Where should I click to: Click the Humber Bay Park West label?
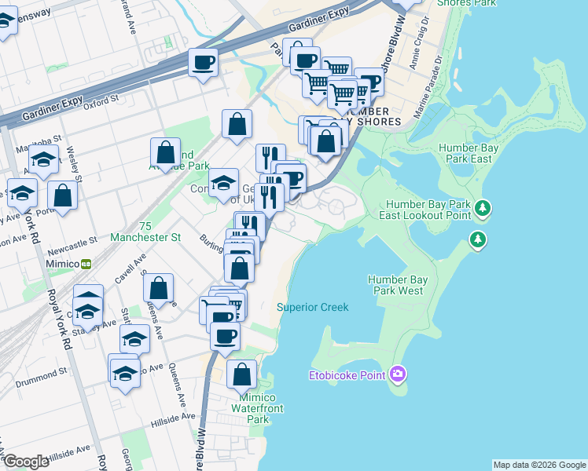click(399, 285)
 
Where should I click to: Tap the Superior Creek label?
click(312, 307)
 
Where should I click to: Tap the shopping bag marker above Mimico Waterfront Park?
click(241, 374)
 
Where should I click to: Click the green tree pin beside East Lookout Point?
click(483, 209)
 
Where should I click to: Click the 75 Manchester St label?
click(146, 231)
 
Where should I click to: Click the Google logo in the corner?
click(26, 462)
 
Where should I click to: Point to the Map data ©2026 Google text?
click(539, 465)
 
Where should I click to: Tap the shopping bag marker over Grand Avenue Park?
click(166, 152)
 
